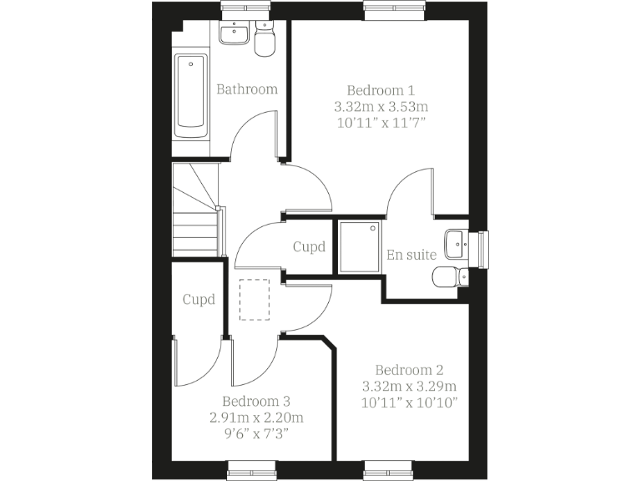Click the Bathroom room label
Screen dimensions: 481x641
pos(246,89)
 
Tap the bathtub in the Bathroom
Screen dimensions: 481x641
pos(191,94)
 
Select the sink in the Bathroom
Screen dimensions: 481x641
pos(233,34)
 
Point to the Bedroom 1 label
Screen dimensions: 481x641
pos(381,90)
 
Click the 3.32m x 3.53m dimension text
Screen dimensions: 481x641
pos(381,107)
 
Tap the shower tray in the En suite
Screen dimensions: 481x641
pos(359,246)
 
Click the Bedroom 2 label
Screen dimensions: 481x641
pos(409,370)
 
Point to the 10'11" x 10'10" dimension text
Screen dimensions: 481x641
pos(409,403)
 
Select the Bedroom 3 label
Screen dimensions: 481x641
pos(255,401)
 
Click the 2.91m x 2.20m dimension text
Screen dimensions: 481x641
pos(255,418)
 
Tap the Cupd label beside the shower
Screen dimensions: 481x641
pos(309,247)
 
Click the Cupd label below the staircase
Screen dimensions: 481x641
pos(199,299)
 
